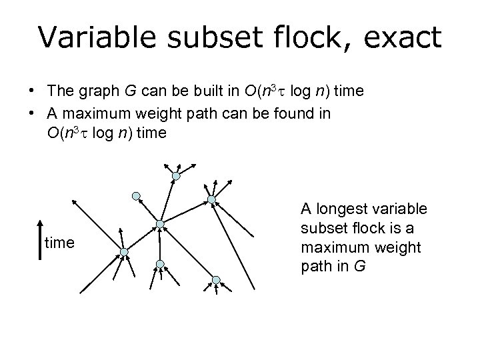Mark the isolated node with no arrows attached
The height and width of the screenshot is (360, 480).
(x=135, y=196)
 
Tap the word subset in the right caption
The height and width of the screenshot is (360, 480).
(x=320, y=229)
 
